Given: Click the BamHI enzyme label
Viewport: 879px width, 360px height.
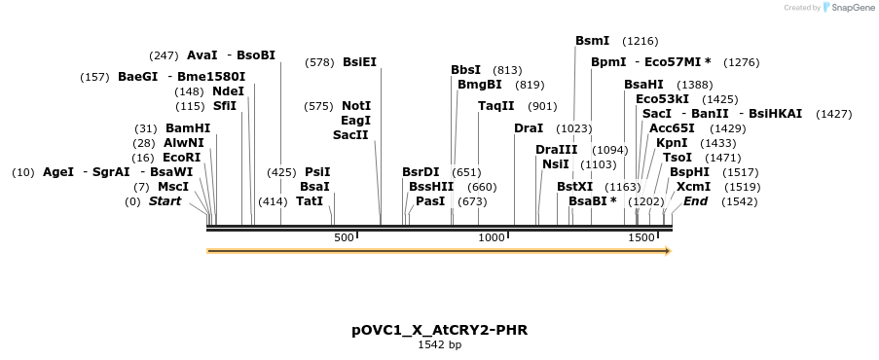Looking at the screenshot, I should pyautogui.click(x=188, y=128).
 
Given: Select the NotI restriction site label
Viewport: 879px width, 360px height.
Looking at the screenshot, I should pyautogui.click(x=356, y=106).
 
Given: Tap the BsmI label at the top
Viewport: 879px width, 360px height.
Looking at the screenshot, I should pyautogui.click(x=592, y=41).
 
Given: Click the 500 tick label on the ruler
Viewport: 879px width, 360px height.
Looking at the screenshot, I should pyautogui.click(x=344, y=237).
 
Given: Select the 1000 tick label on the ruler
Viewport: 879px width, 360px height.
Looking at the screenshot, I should pyautogui.click(x=493, y=237).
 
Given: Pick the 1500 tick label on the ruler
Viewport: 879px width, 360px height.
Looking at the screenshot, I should pyautogui.click(x=641, y=237).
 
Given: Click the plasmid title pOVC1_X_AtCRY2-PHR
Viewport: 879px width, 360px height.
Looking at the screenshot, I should pyautogui.click(x=440, y=330).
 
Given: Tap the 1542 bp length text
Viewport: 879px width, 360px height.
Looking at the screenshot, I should pyautogui.click(x=440, y=344).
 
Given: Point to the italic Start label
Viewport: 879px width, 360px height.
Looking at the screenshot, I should pyautogui.click(x=165, y=201).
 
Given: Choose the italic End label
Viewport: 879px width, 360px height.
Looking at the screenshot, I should pyautogui.click(x=695, y=201).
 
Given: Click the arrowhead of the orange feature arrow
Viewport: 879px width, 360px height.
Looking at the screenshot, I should pyautogui.click(x=668, y=251).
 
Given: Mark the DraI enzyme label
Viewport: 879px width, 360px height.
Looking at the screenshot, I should pyautogui.click(x=529, y=128).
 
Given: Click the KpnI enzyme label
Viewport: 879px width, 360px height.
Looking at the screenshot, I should pyautogui.click(x=672, y=143).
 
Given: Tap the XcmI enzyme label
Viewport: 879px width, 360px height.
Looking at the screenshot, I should pyautogui.click(x=693, y=187).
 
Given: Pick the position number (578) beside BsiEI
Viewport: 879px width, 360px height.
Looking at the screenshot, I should pyautogui.click(x=319, y=62).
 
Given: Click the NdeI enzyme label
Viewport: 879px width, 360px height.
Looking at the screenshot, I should pyautogui.click(x=228, y=91).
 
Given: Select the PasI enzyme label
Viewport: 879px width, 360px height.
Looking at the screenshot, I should pyautogui.click(x=430, y=201).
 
